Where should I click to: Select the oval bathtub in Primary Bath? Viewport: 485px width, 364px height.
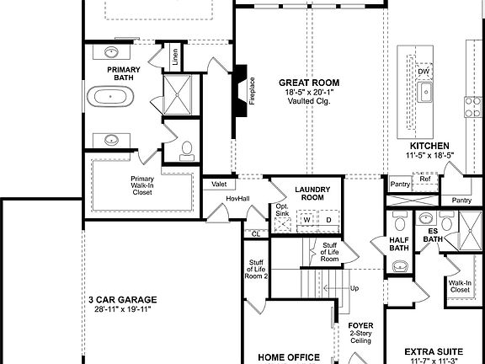112,95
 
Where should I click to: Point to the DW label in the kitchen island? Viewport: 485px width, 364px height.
424,72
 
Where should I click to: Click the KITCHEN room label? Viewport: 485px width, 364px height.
429,145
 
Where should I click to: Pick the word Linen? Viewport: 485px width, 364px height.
175,57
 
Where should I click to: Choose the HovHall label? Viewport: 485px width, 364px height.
238,198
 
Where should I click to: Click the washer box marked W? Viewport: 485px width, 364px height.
306,219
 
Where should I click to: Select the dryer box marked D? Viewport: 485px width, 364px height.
328,219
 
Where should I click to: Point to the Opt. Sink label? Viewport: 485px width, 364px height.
282,211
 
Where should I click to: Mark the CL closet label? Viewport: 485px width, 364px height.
255,233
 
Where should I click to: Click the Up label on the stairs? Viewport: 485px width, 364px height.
354,288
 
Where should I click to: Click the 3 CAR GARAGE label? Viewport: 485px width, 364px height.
122,299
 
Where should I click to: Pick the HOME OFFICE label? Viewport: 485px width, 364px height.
288,356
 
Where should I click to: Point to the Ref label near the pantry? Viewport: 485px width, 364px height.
424,179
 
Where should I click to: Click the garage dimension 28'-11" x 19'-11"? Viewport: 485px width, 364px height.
122,310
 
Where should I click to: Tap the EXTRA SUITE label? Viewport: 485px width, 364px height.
435,351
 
